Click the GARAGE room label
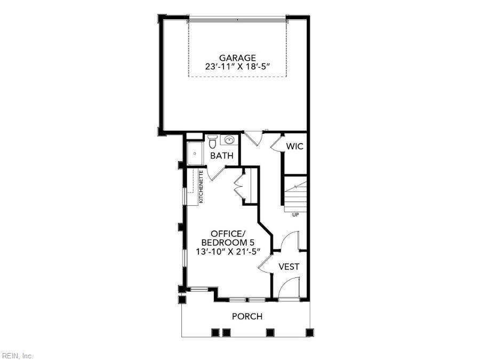click(x=237, y=58)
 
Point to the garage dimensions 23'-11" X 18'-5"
click(x=237, y=67)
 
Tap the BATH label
click(x=222, y=156)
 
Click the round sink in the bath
click(x=229, y=140)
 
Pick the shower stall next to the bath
click(x=195, y=153)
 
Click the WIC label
click(x=294, y=146)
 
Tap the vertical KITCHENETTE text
click(x=201, y=187)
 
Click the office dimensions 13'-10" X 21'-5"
click(x=228, y=251)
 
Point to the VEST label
click(x=289, y=267)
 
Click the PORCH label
click(x=247, y=316)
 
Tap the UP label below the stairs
click(x=295, y=215)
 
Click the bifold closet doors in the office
click(x=238, y=187)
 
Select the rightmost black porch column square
click(x=310, y=332)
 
